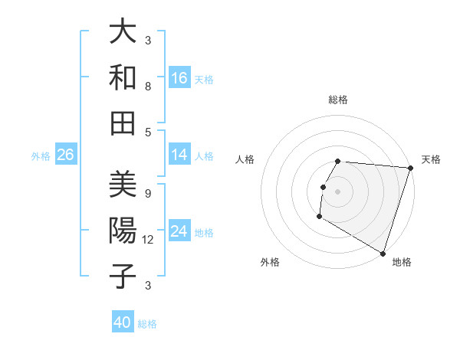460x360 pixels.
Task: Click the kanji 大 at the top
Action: pos(123,33)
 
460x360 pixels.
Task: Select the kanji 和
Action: pos(123,77)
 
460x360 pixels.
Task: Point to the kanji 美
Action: pos(123,185)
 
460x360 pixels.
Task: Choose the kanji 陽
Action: pos(123,231)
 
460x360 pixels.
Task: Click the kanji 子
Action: pos(123,276)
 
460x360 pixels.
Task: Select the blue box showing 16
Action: pos(179,78)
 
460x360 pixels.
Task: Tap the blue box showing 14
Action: pos(179,155)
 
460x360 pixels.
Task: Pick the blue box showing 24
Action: pos(179,232)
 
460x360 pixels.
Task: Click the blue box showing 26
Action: pos(65,155)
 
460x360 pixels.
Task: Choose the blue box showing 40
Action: pos(123,323)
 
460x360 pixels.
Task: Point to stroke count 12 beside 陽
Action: pos(149,239)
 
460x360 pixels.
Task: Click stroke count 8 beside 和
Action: pos(148,86)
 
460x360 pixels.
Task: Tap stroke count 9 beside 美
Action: pos(148,193)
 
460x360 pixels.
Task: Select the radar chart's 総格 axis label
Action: pos(338,100)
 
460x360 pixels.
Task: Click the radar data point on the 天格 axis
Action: pos(410,168)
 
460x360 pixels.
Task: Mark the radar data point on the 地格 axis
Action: pos(383,253)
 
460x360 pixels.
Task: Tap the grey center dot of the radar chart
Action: pos(337,191)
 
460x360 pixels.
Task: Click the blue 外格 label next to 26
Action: pos(41,156)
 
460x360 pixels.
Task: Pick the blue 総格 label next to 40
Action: pos(147,324)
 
